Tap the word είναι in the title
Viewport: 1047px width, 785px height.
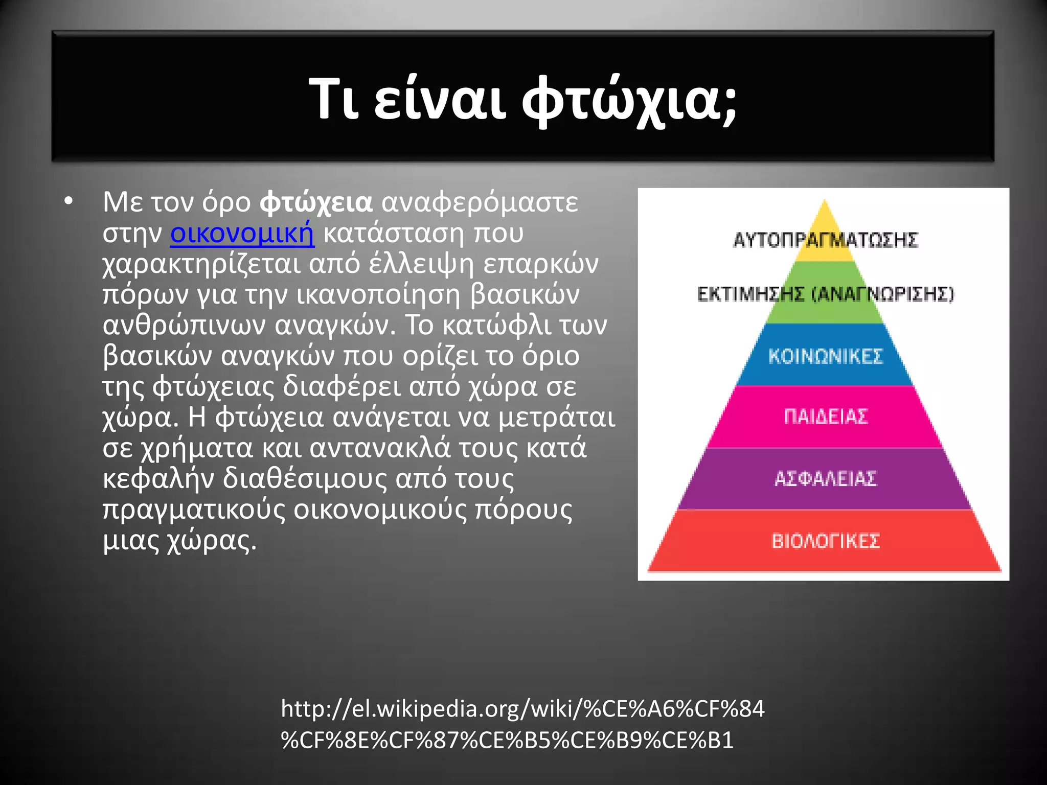click(x=440, y=100)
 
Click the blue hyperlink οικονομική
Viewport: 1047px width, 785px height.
click(x=242, y=233)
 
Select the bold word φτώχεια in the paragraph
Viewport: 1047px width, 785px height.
click(x=316, y=202)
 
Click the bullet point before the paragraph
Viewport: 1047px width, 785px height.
click(x=69, y=201)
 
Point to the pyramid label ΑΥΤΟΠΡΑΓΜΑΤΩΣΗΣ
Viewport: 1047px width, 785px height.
click(x=825, y=240)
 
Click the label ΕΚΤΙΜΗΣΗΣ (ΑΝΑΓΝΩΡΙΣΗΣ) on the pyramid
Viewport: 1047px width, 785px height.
click(x=825, y=294)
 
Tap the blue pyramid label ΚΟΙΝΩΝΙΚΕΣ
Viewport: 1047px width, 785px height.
click(x=825, y=356)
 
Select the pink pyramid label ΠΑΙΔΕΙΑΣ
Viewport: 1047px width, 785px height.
click(x=825, y=417)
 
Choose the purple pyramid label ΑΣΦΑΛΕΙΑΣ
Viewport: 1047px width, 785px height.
click(x=825, y=478)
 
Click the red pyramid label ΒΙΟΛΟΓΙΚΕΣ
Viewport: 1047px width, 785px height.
click(x=825, y=541)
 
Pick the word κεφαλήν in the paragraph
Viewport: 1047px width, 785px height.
click(x=158, y=479)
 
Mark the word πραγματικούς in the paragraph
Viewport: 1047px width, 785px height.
click(x=194, y=510)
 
